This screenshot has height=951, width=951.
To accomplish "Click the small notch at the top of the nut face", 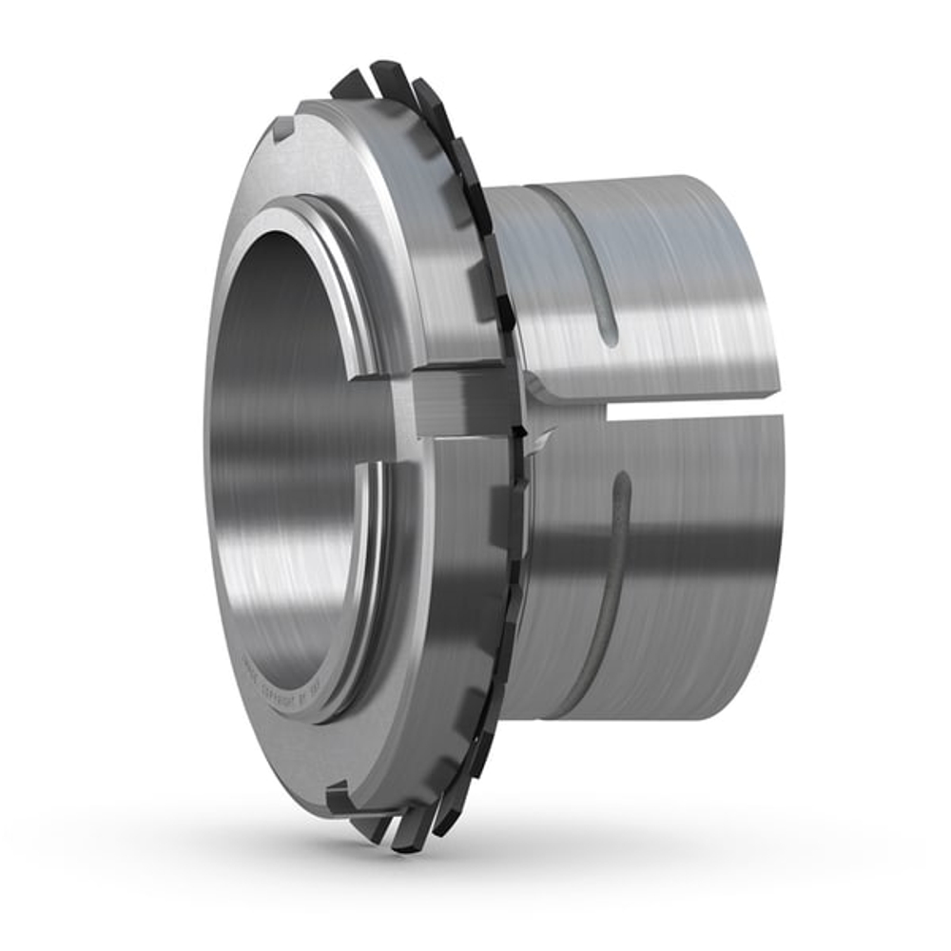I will (x=283, y=126).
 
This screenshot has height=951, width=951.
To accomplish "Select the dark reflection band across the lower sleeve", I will (x=666, y=552).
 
